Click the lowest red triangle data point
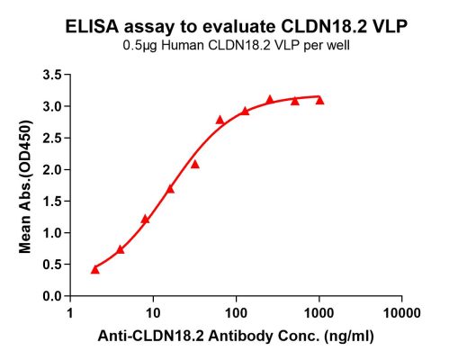click(95, 269)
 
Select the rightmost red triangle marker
click(319, 100)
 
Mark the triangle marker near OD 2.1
click(195, 164)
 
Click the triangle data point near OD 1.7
click(170, 188)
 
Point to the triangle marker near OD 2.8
click(220, 119)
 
